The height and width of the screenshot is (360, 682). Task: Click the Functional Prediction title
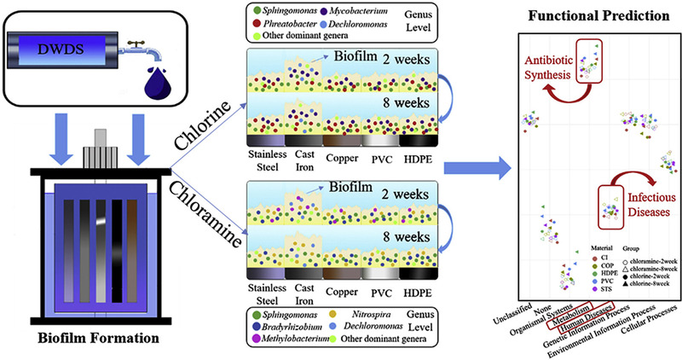[x=587, y=15]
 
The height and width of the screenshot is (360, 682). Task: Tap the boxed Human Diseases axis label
[x=587, y=318]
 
